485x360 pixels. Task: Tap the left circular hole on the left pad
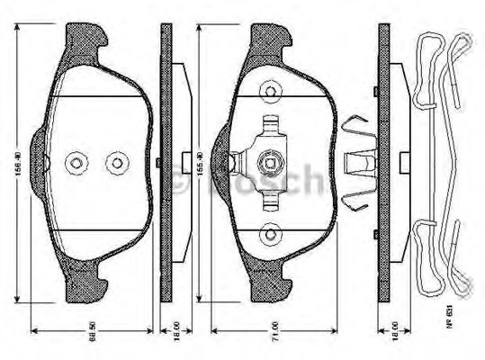(76, 163)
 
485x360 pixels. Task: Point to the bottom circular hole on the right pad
(267, 236)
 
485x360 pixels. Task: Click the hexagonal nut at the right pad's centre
(267, 163)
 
